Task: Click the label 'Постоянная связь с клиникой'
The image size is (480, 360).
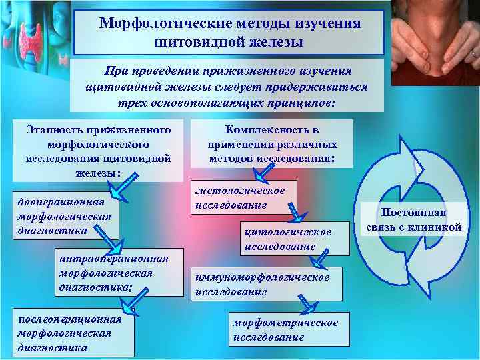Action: click(x=414, y=221)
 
